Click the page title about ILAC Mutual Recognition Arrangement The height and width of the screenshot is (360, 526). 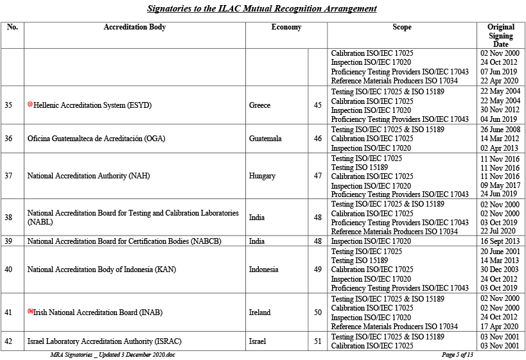(x=262, y=9)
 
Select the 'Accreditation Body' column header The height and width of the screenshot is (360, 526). (x=134, y=28)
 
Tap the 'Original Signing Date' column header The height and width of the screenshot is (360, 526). (x=500, y=36)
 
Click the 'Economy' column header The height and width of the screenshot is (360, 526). (x=286, y=28)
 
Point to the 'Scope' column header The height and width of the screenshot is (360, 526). (x=401, y=28)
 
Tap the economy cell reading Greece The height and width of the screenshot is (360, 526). (x=259, y=105)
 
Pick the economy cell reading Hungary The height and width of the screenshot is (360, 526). (x=262, y=176)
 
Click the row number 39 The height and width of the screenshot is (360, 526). (x=8, y=241)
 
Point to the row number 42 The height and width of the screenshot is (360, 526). (x=8, y=341)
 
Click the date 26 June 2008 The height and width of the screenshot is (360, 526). (x=500, y=130)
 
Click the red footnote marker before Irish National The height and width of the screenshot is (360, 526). (x=30, y=311)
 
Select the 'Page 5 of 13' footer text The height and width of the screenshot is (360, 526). (x=457, y=355)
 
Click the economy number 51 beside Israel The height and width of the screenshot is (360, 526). (x=317, y=341)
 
